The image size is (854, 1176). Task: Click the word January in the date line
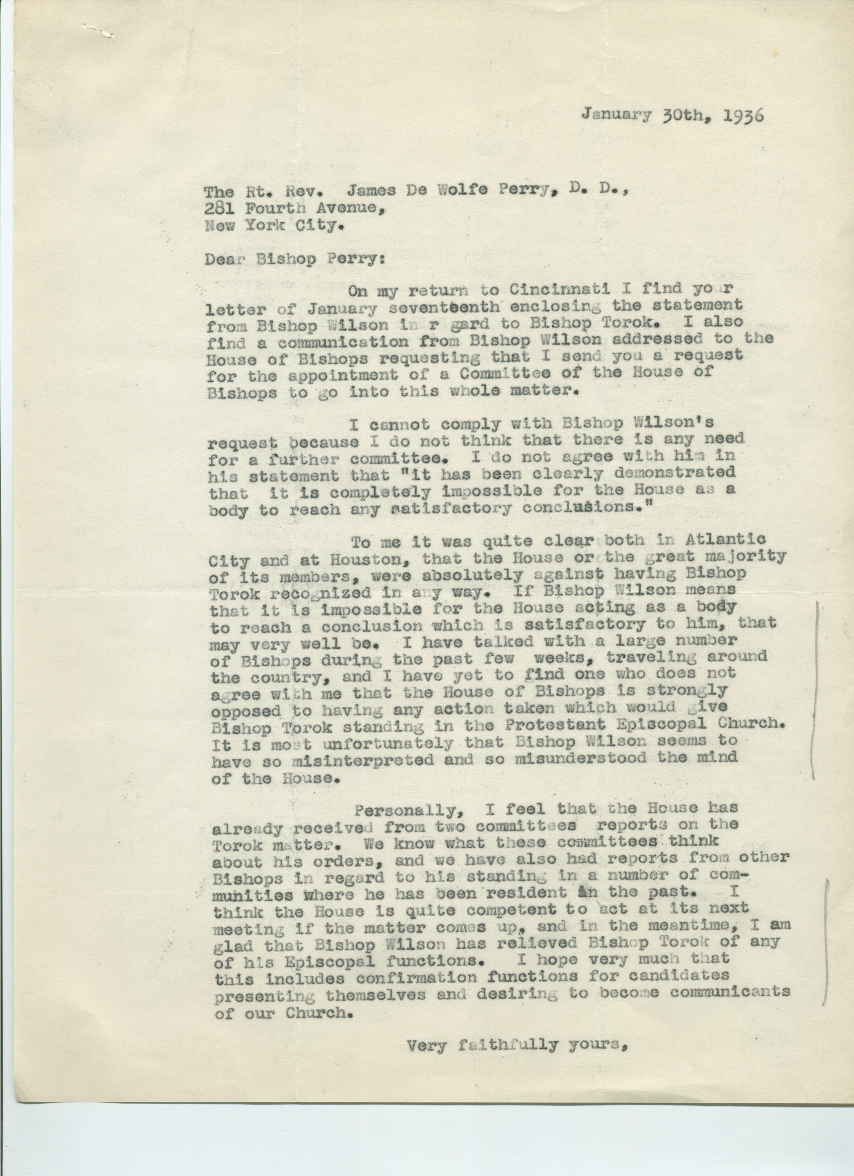(x=616, y=114)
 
